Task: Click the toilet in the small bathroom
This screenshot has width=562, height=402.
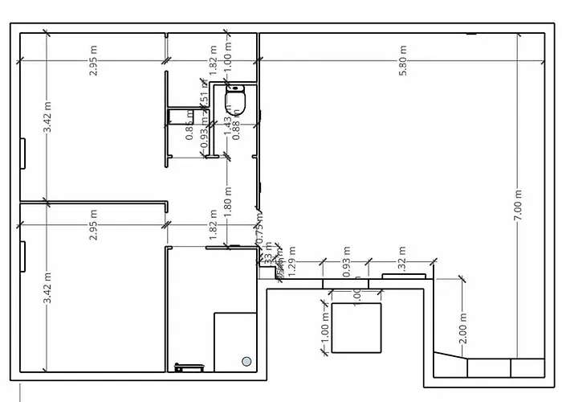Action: click(234, 100)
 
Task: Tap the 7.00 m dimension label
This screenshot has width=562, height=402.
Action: click(519, 205)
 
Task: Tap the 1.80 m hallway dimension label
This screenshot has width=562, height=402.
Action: click(228, 197)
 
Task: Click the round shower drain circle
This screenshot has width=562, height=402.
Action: click(246, 361)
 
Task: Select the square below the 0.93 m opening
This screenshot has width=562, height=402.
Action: click(355, 327)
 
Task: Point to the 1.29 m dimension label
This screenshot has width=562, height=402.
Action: click(291, 265)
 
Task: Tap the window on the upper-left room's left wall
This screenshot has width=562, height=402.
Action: click(22, 153)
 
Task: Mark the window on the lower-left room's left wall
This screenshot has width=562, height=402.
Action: click(22, 257)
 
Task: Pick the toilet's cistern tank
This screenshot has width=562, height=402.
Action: click(234, 86)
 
